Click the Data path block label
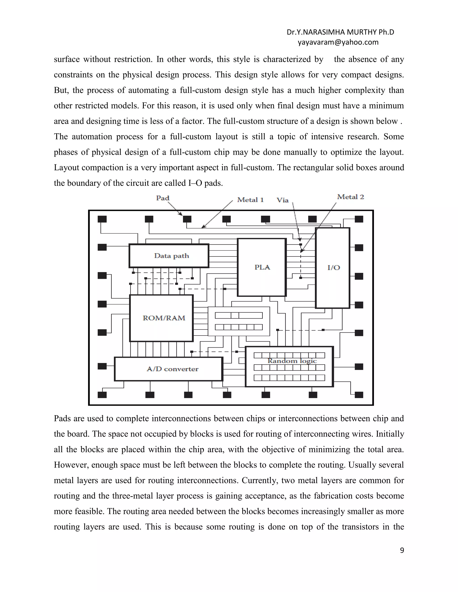click(172, 256)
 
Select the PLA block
click(262, 267)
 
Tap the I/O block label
click(333, 268)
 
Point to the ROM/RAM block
click(164, 318)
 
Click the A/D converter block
click(173, 369)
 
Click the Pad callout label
click(163, 198)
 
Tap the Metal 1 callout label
click(250, 200)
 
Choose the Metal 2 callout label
click(350, 197)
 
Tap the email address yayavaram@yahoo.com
click(338, 42)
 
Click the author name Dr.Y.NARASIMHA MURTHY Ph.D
click(340, 32)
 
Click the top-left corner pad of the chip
click(102, 219)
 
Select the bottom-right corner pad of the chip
click(359, 395)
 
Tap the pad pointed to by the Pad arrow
click(187, 219)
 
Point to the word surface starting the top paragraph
click(67, 59)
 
